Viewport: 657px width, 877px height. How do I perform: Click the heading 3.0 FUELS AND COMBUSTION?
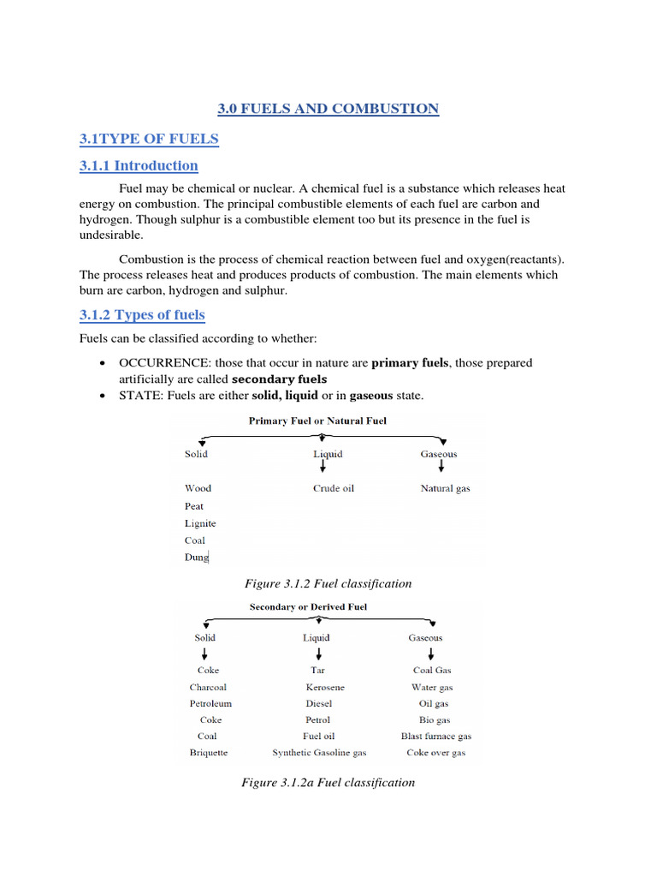tap(328, 109)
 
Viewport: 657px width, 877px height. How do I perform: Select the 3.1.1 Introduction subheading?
tap(139, 165)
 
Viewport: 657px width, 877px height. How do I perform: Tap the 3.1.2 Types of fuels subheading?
tap(142, 314)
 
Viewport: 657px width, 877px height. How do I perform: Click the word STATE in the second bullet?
tap(139, 395)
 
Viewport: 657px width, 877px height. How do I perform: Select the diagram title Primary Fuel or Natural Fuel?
tap(317, 421)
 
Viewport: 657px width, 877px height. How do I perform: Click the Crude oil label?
tap(334, 488)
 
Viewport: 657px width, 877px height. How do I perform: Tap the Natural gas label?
tap(445, 488)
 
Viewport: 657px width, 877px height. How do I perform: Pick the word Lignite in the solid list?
tap(200, 523)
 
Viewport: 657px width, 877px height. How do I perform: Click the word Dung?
tap(197, 558)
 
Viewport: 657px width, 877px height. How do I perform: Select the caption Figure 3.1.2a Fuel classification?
tap(328, 782)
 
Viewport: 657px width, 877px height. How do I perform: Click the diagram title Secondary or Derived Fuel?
tap(308, 607)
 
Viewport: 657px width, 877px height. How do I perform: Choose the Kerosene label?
tap(325, 687)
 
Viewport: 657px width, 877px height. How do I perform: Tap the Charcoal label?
tap(209, 687)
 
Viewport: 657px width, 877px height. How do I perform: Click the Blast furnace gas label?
tap(435, 736)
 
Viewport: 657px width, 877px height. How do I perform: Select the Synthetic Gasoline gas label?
tap(319, 753)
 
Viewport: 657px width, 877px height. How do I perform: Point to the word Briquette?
tap(209, 753)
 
